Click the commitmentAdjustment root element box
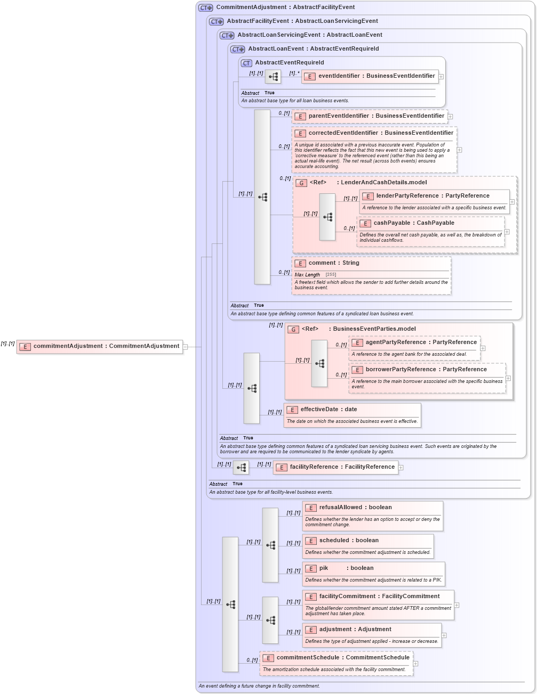(x=100, y=346)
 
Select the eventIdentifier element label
(x=376, y=76)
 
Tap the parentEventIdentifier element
(x=375, y=116)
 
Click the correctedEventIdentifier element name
(x=380, y=133)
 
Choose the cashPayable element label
(x=413, y=223)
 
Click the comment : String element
(x=333, y=263)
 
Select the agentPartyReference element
(x=420, y=342)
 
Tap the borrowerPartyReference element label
(x=426, y=370)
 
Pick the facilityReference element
(x=341, y=467)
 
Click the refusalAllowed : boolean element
(x=355, y=508)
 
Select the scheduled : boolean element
(x=348, y=541)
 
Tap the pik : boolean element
(x=346, y=568)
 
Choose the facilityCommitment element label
(x=379, y=597)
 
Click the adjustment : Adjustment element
(x=355, y=630)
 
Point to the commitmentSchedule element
(x=342, y=658)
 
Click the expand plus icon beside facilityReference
(x=401, y=468)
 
